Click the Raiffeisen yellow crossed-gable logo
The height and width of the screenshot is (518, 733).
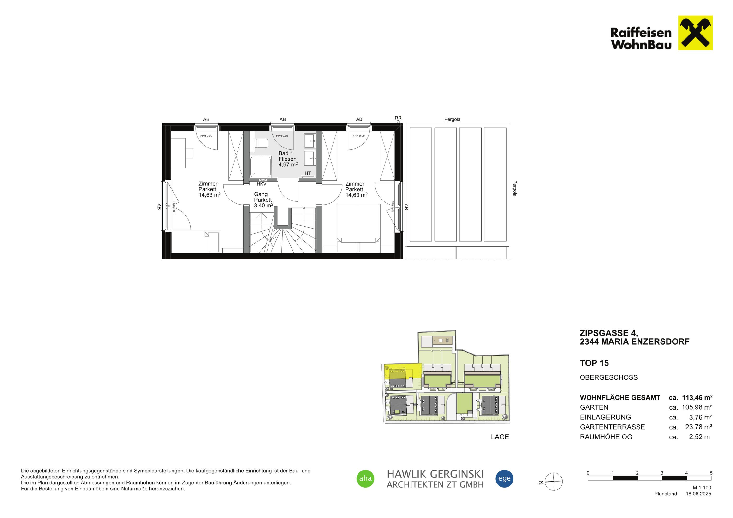click(695, 33)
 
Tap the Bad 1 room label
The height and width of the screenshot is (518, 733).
click(286, 153)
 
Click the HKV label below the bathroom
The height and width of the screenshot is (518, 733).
click(262, 184)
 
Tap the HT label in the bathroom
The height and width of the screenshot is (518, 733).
click(308, 173)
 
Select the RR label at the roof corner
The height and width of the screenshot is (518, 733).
click(398, 118)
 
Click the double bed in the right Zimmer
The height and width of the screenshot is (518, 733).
click(358, 228)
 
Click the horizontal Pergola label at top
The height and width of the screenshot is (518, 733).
click(452, 119)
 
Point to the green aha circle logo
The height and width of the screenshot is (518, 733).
click(365, 478)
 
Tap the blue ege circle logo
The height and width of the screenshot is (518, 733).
click(504, 478)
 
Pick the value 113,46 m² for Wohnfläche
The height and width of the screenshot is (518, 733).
click(697, 398)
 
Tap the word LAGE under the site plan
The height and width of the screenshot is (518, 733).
click(500, 437)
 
